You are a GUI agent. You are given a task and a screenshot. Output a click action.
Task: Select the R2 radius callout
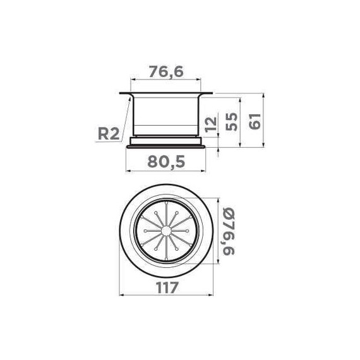point(109,133)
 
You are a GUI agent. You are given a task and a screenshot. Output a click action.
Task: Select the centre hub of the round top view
point(167,232)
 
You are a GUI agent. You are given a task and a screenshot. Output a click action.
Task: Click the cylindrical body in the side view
point(167,114)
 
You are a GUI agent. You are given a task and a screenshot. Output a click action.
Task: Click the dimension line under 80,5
point(167,171)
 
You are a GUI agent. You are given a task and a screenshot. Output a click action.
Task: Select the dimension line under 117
point(167,295)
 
